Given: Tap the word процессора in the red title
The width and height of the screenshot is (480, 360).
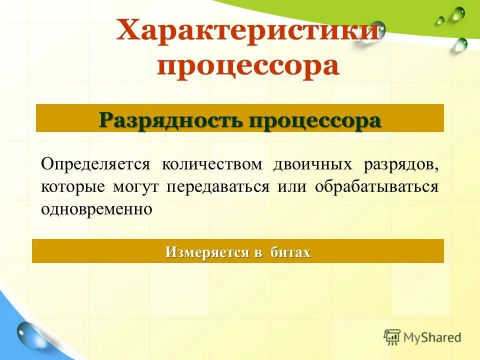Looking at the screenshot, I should tap(248, 67).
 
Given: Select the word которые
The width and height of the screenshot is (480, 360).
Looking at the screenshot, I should tap(73, 187).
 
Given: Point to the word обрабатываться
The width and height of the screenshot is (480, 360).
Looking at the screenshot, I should tap(377, 187).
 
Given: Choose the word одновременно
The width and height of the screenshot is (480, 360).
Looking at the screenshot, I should tap(96, 208).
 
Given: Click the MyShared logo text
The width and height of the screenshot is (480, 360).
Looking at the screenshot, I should tap(432, 337).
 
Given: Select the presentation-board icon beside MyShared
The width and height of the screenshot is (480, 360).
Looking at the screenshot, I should tap(392, 337).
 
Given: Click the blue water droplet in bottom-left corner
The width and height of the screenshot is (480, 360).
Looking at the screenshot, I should tap(27, 334).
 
